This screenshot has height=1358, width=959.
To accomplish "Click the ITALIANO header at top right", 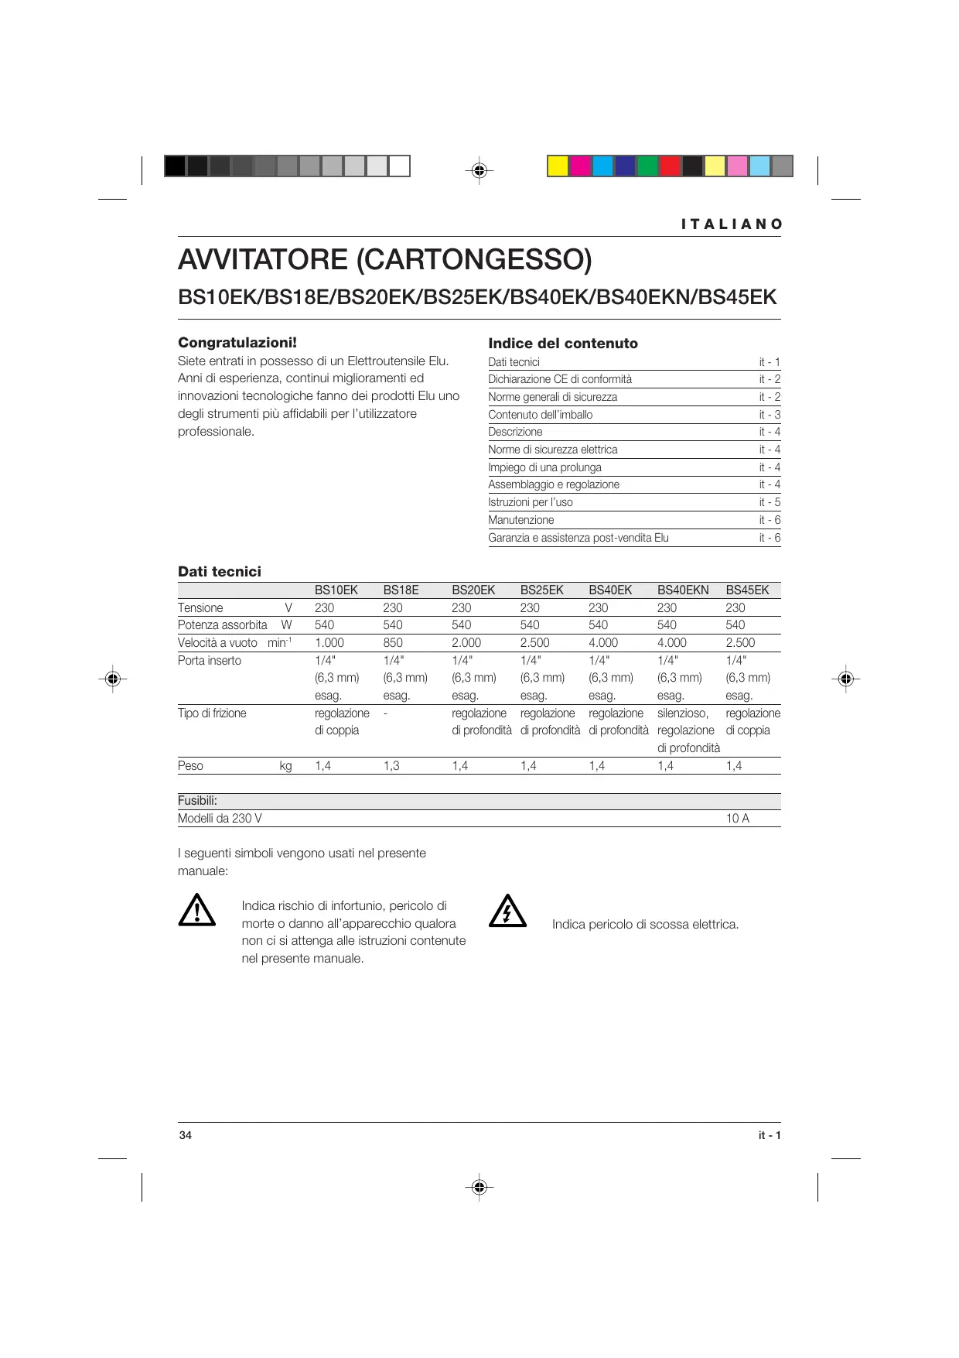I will [x=732, y=224].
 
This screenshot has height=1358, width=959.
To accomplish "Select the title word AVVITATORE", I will [x=263, y=259].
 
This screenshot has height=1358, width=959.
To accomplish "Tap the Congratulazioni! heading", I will [x=237, y=343].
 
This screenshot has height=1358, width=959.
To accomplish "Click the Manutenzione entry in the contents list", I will [x=520, y=520].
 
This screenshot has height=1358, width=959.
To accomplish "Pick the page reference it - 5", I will [x=770, y=502].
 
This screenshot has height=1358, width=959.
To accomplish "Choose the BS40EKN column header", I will [x=683, y=590].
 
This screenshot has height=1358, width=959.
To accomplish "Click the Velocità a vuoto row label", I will [x=217, y=643].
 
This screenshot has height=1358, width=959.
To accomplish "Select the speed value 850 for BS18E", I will [x=393, y=643].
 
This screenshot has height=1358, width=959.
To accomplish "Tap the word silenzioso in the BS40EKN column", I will [x=682, y=713].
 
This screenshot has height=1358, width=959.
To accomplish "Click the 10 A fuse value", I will [x=737, y=819].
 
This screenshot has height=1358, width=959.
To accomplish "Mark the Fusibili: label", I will [x=197, y=801].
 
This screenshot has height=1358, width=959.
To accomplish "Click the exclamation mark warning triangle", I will [x=197, y=911].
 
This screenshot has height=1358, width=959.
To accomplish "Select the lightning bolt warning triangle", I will [x=507, y=911].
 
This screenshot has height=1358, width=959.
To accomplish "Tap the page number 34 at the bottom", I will [x=186, y=1135].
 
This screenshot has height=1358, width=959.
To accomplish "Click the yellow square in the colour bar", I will [x=558, y=166].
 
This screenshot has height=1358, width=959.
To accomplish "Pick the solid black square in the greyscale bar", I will [x=175, y=166].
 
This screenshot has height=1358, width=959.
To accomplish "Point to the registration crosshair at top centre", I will [x=479, y=169].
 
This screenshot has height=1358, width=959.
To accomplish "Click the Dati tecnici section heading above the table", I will [x=220, y=572].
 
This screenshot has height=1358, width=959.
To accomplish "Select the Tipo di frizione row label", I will [x=212, y=713].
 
